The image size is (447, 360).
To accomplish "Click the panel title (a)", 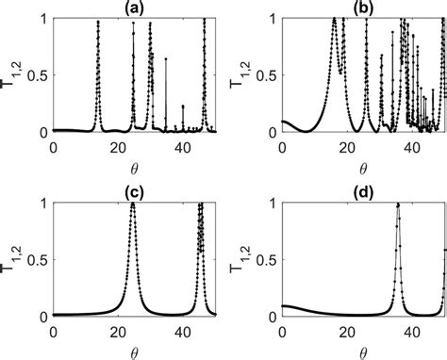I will point(134,9).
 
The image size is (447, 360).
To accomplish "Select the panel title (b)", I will point(363,9).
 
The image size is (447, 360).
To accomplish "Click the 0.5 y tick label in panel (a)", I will point(37,75).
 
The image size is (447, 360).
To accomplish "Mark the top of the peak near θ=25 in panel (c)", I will point(132,204).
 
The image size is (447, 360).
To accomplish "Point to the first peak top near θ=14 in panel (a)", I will point(98,21).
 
